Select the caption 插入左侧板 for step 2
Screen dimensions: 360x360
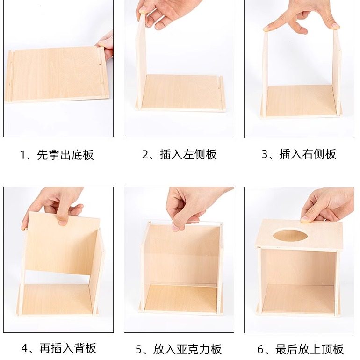(180, 155)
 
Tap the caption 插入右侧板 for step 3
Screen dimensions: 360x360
(299, 155)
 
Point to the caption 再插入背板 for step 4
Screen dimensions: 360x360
(59, 348)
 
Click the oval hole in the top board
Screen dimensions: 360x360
(288, 235)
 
